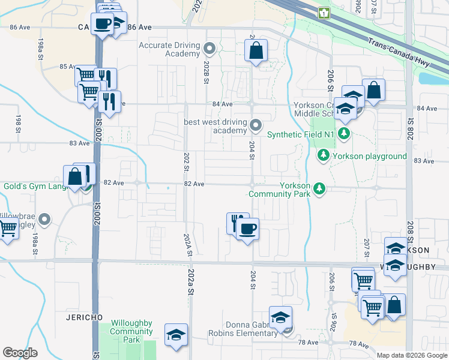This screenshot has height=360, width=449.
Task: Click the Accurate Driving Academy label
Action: coord(169,49)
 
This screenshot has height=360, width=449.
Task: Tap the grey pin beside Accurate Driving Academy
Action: coord(209,47)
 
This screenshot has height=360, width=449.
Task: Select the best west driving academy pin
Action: coord(256,125)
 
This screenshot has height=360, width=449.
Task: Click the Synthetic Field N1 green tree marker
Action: coord(343,133)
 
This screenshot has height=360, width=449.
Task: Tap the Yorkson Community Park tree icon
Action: coord(319,189)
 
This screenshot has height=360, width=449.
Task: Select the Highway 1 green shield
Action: coord(324,13)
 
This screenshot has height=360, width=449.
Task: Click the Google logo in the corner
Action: coord(20,353)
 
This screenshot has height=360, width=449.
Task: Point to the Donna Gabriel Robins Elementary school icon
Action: coord(280,317)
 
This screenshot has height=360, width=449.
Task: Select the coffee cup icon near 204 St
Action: coord(247,228)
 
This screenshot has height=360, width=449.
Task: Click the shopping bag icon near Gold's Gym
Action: coord(75,176)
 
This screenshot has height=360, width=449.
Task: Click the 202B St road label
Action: coord(208,65)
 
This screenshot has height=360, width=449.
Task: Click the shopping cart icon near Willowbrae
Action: coord(8,228)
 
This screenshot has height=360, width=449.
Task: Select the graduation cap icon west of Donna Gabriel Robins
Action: coord(176,334)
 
